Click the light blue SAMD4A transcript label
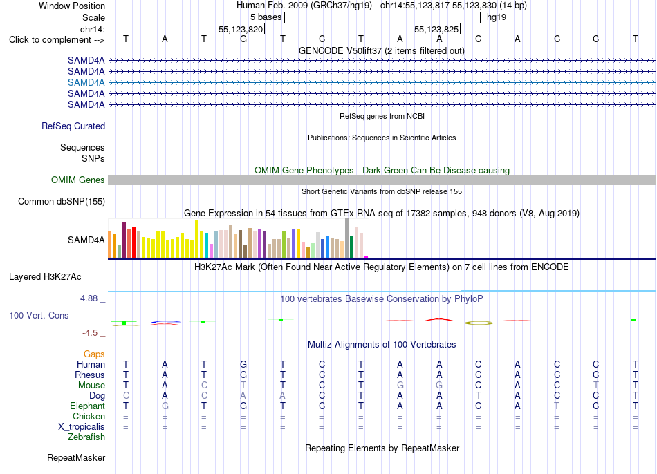pos(86,82)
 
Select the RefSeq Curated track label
pos(73,126)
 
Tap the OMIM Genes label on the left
pos(78,180)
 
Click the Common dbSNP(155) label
pos(62,201)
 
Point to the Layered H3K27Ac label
pos(45,277)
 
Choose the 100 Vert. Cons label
pos(39,315)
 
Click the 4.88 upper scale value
pos(89,298)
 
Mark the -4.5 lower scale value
pos(90,333)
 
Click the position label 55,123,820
pos(241,29)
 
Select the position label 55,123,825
pos(436,29)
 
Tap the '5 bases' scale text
pos(266,17)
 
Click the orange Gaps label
pos(94,354)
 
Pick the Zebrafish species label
pos(86,437)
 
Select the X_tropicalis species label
pos(82,427)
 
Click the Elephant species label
pos(88,406)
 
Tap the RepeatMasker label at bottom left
pos(76,458)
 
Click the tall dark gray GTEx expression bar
pos(347,238)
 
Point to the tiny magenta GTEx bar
pos(367,257)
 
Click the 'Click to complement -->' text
pos(57,40)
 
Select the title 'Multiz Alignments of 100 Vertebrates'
pos(382,345)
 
